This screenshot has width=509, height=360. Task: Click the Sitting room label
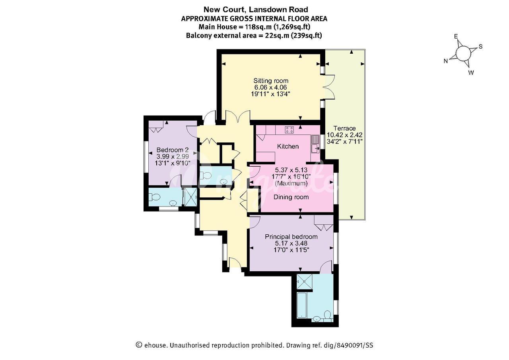[x=271, y=81]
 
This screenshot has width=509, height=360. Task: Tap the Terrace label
[x=344, y=128]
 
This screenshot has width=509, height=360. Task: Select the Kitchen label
[x=288, y=146]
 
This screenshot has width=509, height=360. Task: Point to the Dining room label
[x=291, y=197]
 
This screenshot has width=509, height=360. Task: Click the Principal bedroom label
[x=291, y=237]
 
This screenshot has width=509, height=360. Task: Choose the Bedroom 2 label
[x=173, y=150]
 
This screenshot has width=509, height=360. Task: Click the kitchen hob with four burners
[x=289, y=130]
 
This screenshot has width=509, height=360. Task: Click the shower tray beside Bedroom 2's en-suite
[x=190, y=197]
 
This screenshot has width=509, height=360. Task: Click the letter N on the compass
[x=446, y=61]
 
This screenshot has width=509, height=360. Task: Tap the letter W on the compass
[x=471, y=73]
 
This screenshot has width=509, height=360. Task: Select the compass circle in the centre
[x=463, y=53]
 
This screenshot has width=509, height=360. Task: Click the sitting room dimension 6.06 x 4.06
[x=271, y=87]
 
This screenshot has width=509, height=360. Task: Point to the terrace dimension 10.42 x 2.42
[x=344, y=135]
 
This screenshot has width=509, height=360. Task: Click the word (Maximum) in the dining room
[x=291, y=183]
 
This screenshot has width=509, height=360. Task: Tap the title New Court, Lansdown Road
[x=256, y=10]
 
